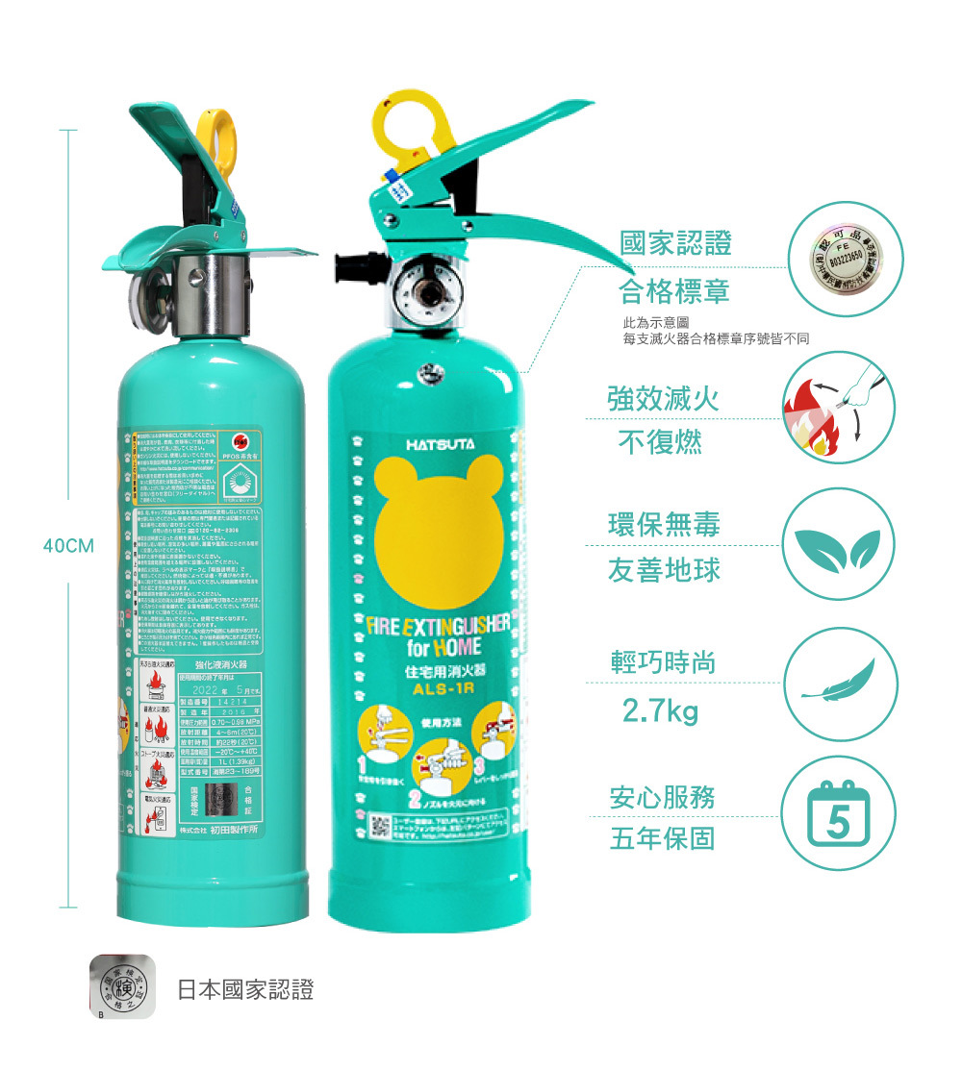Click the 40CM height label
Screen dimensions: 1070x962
pyautogui.click(x=65, y=546)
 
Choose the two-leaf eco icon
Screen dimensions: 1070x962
pyautogui.click(x=841, y=545)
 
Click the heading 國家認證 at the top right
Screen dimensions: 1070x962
pyautogui.click(x=675, y=242)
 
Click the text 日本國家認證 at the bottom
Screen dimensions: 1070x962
pyautogui.click(x=245, y=989)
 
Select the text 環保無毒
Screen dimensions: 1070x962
pyautogui.click(x=664, y=524)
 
